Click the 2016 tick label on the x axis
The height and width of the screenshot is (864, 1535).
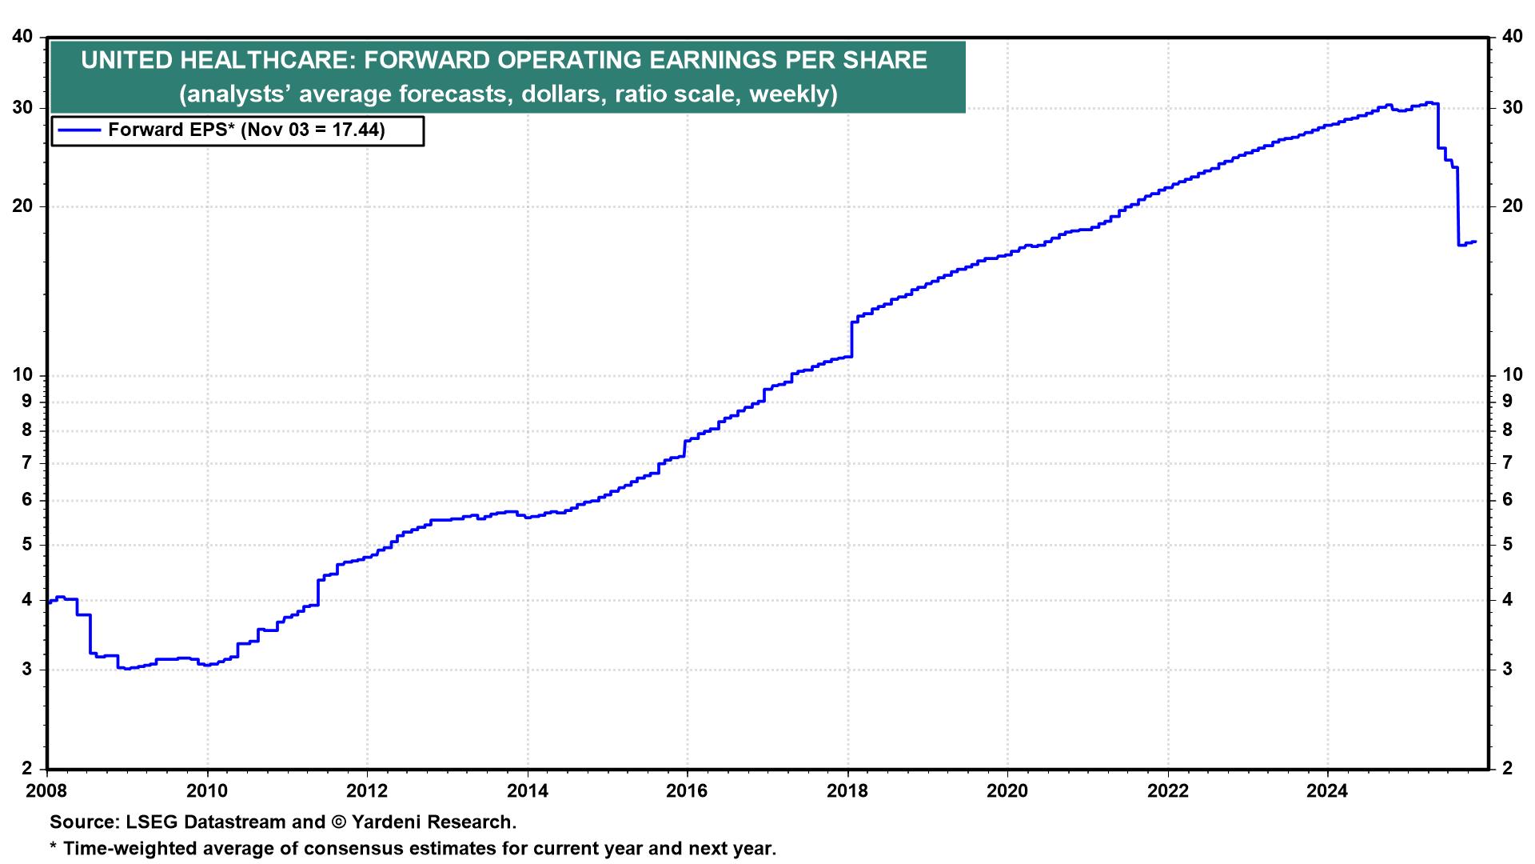[x=687, y=791]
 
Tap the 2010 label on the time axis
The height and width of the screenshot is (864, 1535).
[x=207, y=791]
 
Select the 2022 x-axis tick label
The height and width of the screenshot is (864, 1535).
[x=1168, y=791]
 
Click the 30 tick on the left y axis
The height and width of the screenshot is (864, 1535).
[x=24, y=107]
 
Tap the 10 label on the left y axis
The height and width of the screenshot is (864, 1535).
[x=24, y=374]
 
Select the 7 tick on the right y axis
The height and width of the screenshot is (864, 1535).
[x=1506, y=462]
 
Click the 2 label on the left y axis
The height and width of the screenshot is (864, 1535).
[x=28, y=769]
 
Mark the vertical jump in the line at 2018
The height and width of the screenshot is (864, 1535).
[x=852, y=338]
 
